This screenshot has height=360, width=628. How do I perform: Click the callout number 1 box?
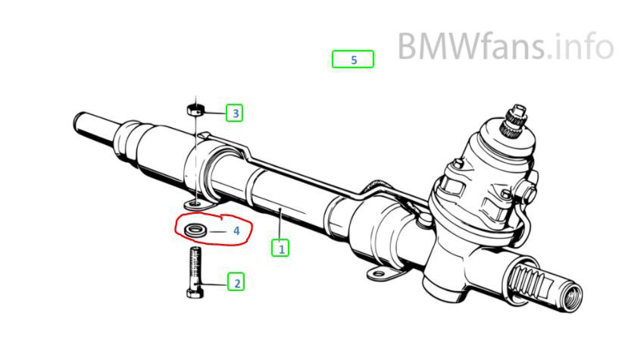[x=281, y=247]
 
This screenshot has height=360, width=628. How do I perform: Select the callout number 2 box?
[x=236, y=283]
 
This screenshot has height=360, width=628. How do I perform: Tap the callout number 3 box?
[x=236, y=114]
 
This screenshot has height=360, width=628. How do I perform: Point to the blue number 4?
[x=236, y=230]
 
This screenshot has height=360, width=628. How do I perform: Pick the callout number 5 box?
[x=353, y=59]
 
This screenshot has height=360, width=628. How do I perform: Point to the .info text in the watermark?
[x=580, y=47]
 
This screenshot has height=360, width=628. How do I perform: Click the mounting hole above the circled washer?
[x=195, y=203]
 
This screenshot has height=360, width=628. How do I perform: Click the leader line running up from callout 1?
[x=281, y=225]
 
